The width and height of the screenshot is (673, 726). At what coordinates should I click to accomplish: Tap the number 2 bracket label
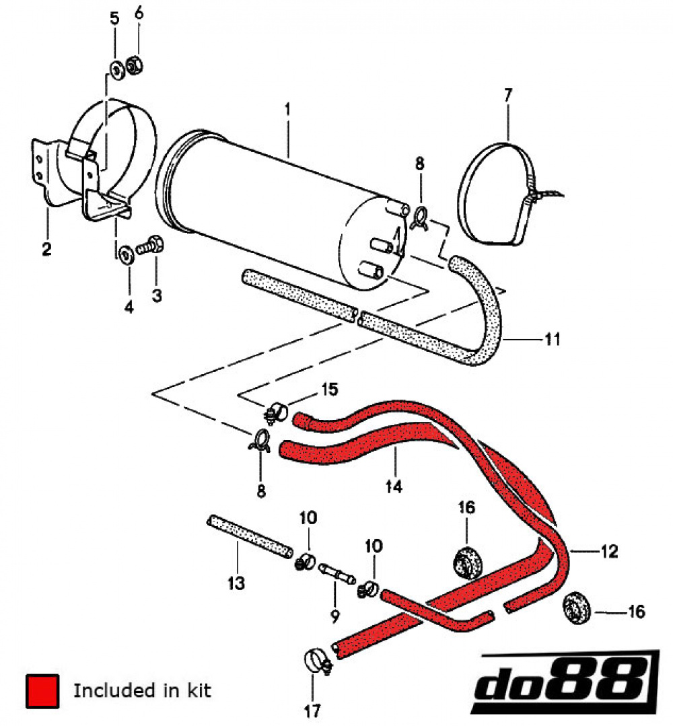coord(46,250)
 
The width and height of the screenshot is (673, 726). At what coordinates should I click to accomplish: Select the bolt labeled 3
coord(148,247)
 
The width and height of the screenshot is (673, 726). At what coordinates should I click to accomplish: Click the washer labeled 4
coord(125,256)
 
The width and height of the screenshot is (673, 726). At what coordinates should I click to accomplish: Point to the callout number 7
coord(507,95)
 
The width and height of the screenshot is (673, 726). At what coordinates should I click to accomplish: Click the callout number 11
coord(552,339)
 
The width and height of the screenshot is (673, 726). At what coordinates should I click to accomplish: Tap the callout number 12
coord(608,552)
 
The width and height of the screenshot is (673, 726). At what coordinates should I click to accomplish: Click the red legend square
coord(42,691)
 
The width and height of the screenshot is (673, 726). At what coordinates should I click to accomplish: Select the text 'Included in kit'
coord(142,690)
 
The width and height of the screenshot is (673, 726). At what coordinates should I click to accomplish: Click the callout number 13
coord(236,583)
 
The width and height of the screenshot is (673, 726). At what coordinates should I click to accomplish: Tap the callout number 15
coord(329,390)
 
